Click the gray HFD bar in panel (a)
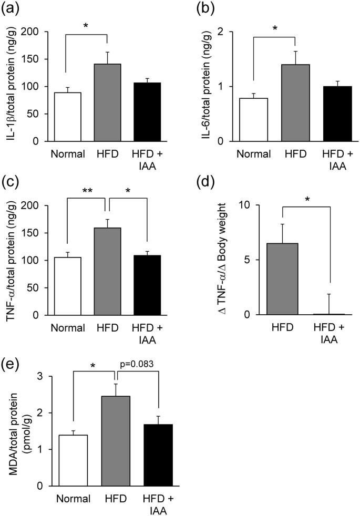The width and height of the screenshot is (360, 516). tap(107, 102)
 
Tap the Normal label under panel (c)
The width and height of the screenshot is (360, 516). tap(68, 328)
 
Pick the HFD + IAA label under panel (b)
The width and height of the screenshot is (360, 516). tap(335, 160)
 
